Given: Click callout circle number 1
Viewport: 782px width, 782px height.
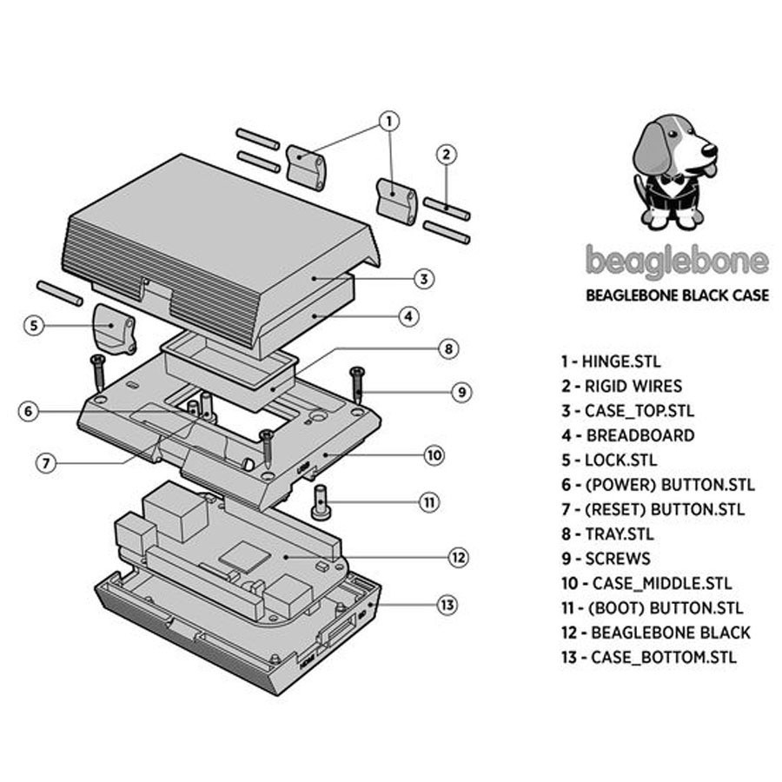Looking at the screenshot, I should tap(390, 120).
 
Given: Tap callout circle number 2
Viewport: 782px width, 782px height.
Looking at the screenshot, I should tap(446, 156).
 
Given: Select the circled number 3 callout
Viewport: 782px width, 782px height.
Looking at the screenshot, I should tap(422, 279).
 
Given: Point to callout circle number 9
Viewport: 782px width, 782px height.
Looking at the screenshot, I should tap(461, 392).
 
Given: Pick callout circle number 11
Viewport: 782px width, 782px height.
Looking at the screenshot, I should tap(428, 501).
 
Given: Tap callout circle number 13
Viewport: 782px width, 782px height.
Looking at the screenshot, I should tap(447, 605).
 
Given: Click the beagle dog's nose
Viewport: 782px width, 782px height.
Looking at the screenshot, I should tap(708, 150).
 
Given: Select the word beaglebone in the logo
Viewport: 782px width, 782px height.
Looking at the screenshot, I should tap(677, 261).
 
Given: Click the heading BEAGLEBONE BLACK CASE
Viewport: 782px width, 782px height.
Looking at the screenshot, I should tap(677, 295).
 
